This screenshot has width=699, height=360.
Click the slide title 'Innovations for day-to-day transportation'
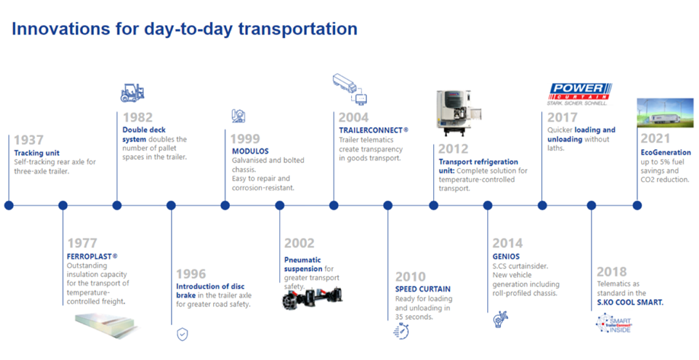click(x=184, y=30)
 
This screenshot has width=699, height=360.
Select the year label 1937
click(x=30, y=140)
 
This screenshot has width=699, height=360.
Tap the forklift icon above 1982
click(x=132, y=93)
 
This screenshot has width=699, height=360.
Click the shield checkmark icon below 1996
click(x=182, y=333)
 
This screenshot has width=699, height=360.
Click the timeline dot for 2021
click(x=637, y=205)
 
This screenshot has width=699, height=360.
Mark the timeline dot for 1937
click(x=9, y=205)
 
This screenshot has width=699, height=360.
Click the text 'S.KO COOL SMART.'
click(x=630, y=302)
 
